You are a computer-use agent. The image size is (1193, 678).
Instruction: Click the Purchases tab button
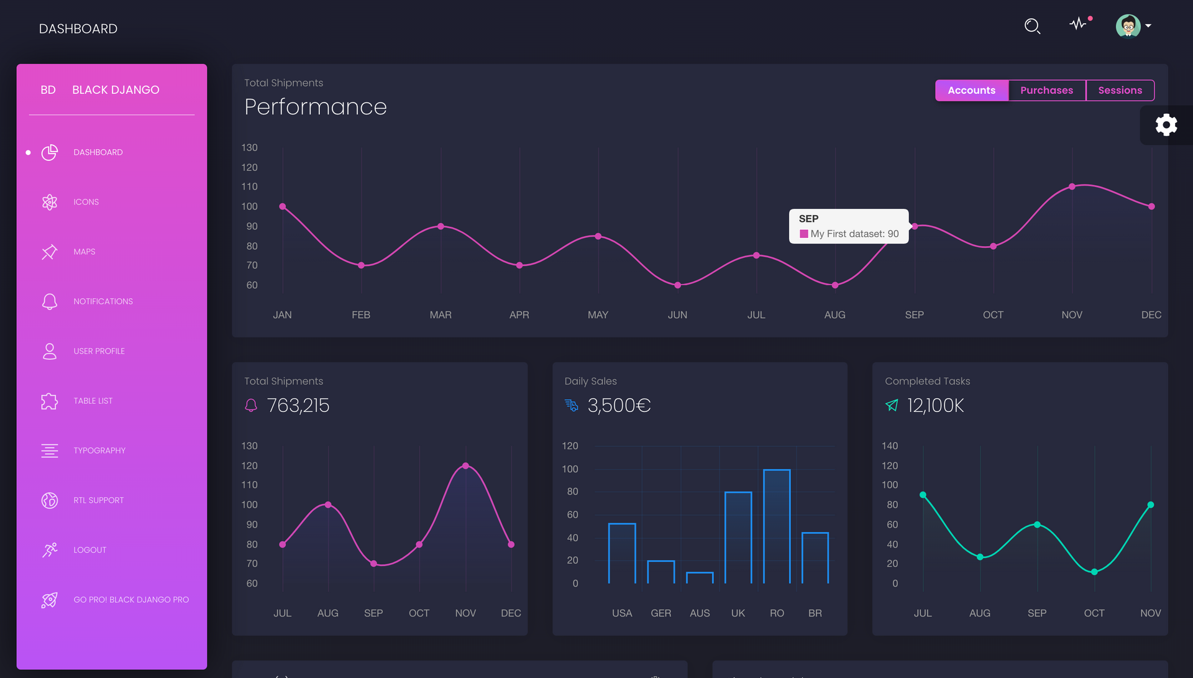pyautogui.click(x=1046, y=90)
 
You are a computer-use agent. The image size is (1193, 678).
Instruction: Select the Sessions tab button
pyautogui.click(x=1120, y=90)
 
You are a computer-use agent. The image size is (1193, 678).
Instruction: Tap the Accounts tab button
pyautogui.click(x=971, y=90)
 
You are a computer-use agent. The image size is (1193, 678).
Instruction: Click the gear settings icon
pyautogui.click(x=1166, y=125)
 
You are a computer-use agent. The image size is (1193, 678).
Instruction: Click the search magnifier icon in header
pyautogui.click(x=1032, y=26)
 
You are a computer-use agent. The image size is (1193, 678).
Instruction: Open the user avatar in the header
pyautogui.click(x=1128, y=26)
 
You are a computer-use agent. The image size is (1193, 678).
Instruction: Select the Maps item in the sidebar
pyautogui.click(x=85, y=252)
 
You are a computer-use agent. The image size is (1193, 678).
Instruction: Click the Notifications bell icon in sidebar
pyautogui.click(x=50, y=301)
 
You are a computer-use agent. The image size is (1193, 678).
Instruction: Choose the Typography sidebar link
pyautogui.click(x=99, y=451)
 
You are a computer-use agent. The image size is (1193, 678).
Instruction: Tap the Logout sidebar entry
pyautogui.click(x=90, y=550)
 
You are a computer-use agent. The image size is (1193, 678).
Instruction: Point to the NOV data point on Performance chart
pyautogui.click(x=1072, y=186)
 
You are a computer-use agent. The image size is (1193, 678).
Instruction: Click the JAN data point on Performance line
pyautogui.click(x=283, y=206)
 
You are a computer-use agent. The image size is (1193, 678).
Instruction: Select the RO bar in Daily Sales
pyautogui.click(x=777, y=526)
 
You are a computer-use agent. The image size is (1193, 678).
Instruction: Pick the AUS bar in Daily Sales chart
pyautogui.click(x=700, y=577)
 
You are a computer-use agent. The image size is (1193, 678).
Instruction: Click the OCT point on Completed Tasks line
pyautogui.click(x=1094, y=572)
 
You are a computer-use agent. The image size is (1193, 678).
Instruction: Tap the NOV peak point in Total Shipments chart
pyautogui.click(x=465, y=465)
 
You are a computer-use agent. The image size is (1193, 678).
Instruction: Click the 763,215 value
pyautogui.click(x=298, y=405)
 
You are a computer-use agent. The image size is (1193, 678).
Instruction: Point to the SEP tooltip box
pyautogui.click(x=848, y=226)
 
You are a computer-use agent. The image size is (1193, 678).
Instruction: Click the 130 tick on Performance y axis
pyautogui.click(x=249, y=148)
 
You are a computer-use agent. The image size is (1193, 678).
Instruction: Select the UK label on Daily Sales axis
pyautogui.click(x=738, y=613)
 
